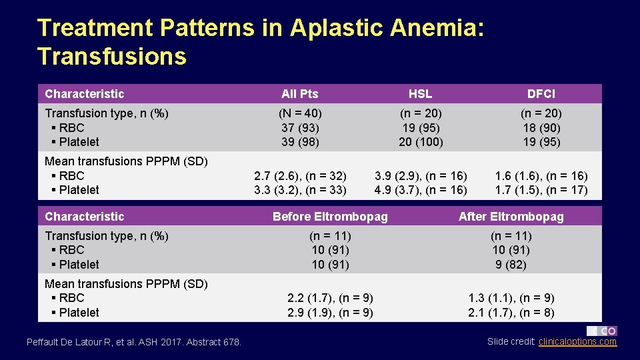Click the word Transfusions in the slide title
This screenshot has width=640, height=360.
(112, 56)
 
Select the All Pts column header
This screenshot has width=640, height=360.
(300, 94)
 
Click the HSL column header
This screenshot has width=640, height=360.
(420, 94)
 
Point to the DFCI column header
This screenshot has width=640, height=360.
(541, 94)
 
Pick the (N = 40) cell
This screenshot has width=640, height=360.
(300, 113)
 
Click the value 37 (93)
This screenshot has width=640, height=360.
(300, 127)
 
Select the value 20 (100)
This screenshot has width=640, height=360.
(420, 142)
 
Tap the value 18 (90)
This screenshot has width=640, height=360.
(541, 127)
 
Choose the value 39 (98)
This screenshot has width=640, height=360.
(300, 142)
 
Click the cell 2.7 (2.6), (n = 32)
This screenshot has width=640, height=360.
(300, 176)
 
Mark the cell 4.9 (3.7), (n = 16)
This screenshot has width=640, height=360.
(421, 190)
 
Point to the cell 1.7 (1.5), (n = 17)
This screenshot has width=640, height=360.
(541, 190)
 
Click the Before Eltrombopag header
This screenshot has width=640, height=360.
(330, 217)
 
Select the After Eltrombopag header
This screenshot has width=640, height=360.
(511, 217)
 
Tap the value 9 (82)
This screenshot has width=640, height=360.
(511, 265)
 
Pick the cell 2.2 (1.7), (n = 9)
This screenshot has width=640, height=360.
(330, 298)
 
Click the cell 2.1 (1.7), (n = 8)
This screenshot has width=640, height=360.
(511, 313)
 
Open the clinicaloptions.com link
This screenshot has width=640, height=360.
(577, 342)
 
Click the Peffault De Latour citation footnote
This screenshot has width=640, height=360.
(134, 342)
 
